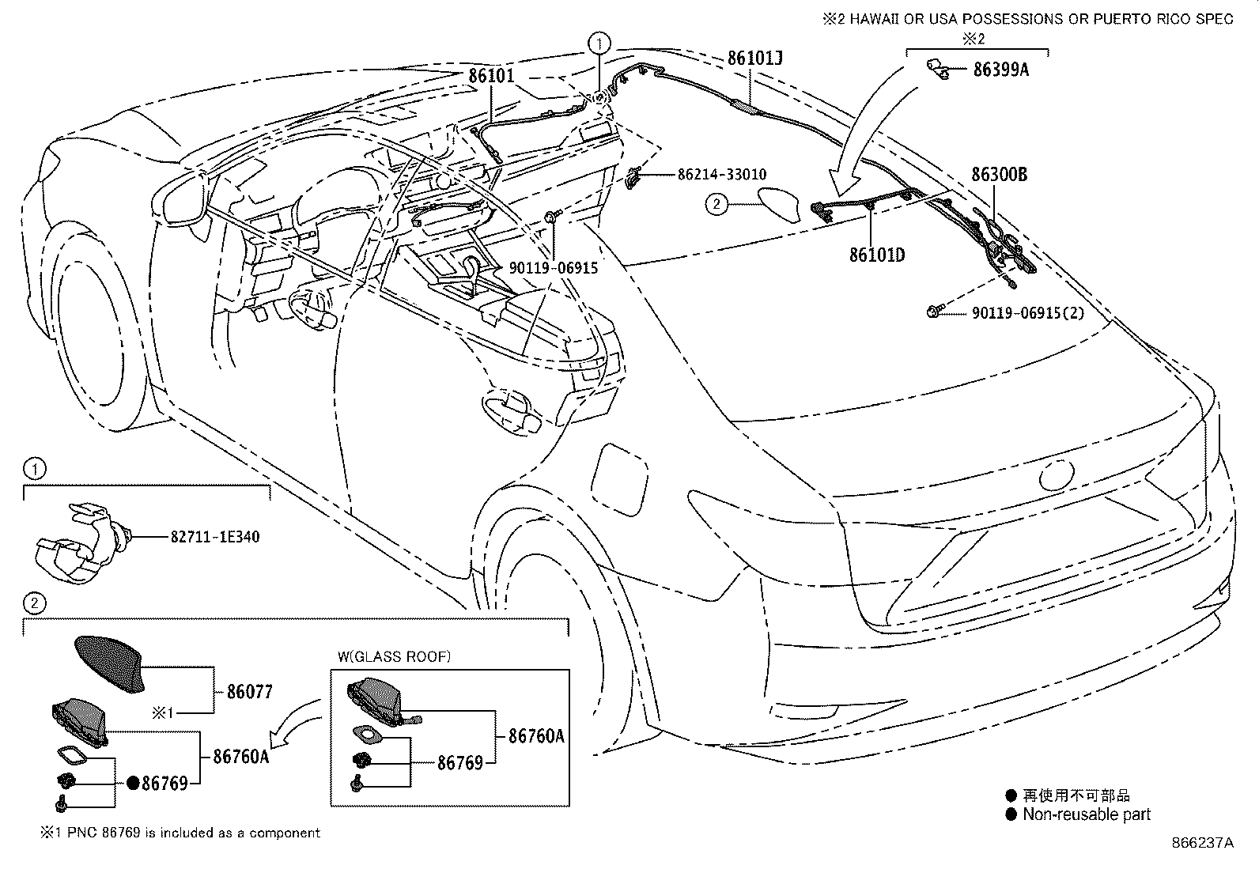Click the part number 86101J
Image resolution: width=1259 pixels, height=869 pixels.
[x=755, y=58]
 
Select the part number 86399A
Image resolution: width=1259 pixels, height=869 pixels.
[x=1000, y=70]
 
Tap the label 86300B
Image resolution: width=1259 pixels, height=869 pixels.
[x=999, y=175]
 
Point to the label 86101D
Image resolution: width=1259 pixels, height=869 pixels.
[x=876, y=255]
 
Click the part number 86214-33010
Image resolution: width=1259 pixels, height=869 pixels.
[x=721, y=175]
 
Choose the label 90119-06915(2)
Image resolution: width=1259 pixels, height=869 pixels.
[x=1028, y=313]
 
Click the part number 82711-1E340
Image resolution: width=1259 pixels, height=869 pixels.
[x=215, y=538]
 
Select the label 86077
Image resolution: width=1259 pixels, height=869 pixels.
[x=249, y=692]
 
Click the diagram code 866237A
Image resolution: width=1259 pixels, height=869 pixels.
[x=1202, y=843]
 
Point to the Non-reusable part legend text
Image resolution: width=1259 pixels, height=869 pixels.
[x=1087, y=814]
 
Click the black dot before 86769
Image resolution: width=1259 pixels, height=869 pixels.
[x=133, y=784]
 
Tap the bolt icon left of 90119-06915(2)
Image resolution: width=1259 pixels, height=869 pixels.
[x=934, y=313]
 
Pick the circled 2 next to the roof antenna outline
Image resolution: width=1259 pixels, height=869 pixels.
[x=716, y=205]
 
